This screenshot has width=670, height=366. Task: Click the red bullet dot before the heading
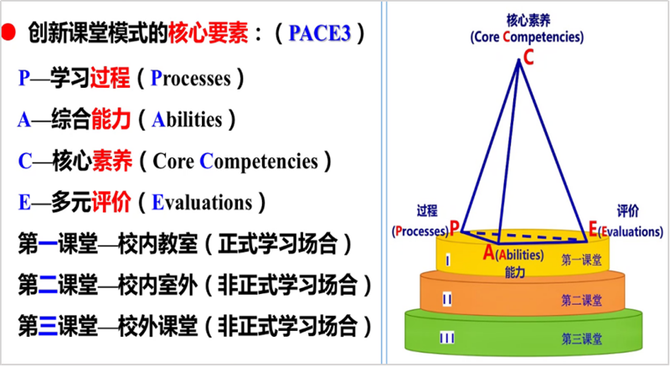[x=8, y=33]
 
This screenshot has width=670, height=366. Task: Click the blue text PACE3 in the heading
[x=320, y=34]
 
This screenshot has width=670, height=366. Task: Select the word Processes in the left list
[x=191, y=78]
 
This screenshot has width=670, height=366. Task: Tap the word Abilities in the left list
[x=187, y=120]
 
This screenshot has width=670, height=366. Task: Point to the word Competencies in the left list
[x=259, y=162]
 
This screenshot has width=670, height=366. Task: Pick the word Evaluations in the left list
[x=202, y=203]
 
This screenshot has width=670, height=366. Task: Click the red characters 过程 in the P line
[x=110, y=78]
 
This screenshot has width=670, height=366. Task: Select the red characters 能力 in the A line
[x=111, y=119]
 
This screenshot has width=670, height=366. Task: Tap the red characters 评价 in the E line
[x=111, y=202]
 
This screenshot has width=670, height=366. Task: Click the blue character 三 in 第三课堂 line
[x=48, y=326]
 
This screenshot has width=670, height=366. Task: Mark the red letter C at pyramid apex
[x=528, y=57]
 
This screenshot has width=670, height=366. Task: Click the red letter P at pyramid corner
[x=454, y=227]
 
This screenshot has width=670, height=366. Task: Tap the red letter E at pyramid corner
[x=593, y=229]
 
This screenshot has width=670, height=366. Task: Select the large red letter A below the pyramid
[x=489, y=252]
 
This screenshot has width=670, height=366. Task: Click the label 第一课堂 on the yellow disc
[x=581, y=260]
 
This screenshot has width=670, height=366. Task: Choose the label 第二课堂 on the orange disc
[x=581, y=300]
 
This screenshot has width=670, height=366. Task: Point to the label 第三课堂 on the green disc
[x=581, y=339]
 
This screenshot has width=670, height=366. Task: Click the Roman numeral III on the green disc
[x=447, y=338]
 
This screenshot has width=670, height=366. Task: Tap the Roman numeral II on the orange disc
[x=447, y=300]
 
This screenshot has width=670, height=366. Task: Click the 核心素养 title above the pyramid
[x=528, y=20]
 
